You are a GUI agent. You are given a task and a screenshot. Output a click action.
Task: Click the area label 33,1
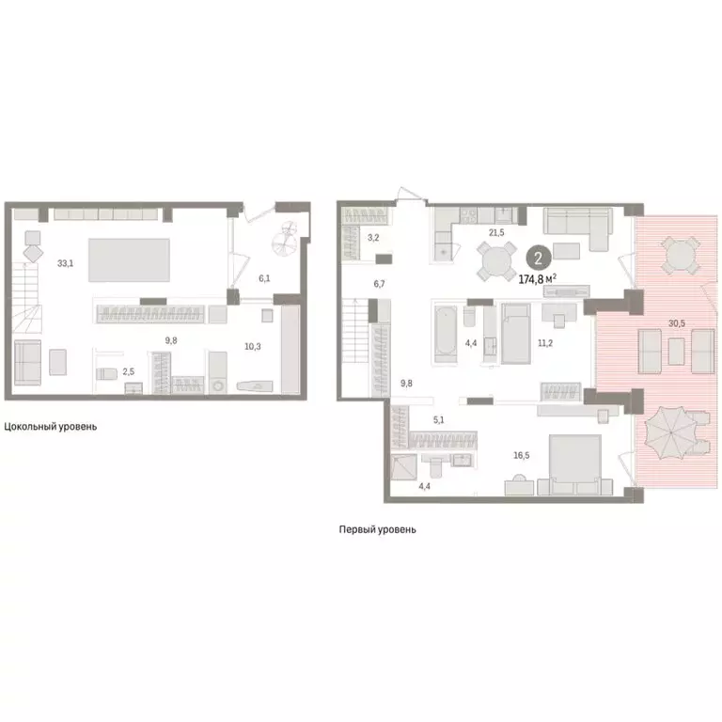pos(66,263)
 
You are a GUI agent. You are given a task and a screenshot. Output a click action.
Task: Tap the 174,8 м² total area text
pos(538,278)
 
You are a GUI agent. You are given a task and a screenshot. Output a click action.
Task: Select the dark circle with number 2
pos(539,258)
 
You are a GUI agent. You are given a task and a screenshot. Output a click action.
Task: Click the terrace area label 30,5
pos(677,323)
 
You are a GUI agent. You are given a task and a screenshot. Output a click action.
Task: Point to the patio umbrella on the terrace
pos(670,432)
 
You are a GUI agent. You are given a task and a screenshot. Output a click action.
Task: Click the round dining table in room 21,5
pos(496,261)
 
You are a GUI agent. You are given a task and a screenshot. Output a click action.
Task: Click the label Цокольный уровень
pos(51,427)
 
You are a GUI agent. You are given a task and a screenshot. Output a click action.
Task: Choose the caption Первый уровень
pos(378,529)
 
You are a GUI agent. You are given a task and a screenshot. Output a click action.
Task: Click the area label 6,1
pos(264,278)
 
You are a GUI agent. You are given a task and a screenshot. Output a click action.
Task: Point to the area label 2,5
pos(129,371)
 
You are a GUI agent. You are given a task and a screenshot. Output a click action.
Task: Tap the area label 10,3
pos(252,346)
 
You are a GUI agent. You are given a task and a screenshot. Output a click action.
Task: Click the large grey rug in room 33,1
pos(129,259)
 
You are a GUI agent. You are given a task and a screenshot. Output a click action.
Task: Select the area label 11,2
pos(544,342)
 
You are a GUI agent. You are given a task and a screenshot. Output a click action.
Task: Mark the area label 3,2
pos(373,238)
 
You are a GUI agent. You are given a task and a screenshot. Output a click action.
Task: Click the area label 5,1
pos(439,419)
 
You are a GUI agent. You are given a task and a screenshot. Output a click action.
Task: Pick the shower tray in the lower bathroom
pos(404,467)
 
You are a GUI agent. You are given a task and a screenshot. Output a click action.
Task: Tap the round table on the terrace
pos(681,256)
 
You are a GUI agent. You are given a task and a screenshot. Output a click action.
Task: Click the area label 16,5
pos(521,455)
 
